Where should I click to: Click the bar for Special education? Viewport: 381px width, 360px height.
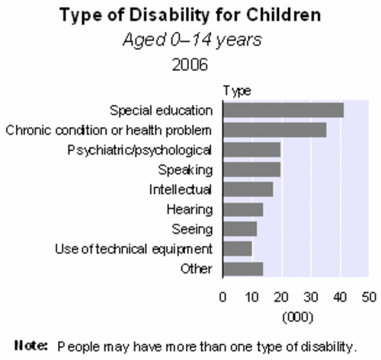tap(283, 110)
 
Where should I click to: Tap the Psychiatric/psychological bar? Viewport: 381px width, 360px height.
tap(251, 149)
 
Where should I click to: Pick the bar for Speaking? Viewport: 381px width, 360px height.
tap(251, 169)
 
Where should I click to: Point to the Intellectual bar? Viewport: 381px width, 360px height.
tap(248, 189)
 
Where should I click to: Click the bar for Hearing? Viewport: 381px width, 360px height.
tap(242, 209)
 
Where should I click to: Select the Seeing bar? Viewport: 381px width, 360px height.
tap(239, 228)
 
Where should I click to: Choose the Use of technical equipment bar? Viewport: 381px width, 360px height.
tap(237, 248)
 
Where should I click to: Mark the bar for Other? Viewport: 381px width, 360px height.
tap(242, 268)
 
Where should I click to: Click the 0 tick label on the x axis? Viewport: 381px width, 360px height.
tap(223, 296)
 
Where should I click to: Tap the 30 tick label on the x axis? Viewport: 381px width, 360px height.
tap(310, 296)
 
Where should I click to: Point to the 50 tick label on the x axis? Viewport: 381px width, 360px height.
tap(368, 296)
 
